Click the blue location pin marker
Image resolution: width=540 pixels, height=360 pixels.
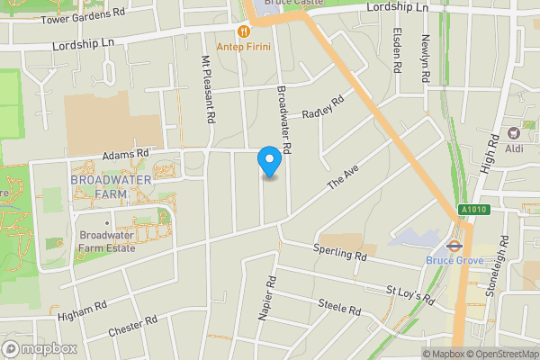coord(268,161)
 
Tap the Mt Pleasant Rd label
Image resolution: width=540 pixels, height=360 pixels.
coord(208,89)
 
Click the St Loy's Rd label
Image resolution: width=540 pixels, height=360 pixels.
coord(409,294)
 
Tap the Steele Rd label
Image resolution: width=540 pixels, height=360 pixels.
coord(339,306)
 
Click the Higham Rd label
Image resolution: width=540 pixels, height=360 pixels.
coord(82,311)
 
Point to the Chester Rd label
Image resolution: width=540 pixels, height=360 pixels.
coord(132,326)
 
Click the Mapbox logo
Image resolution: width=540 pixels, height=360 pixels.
coord(40,348)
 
